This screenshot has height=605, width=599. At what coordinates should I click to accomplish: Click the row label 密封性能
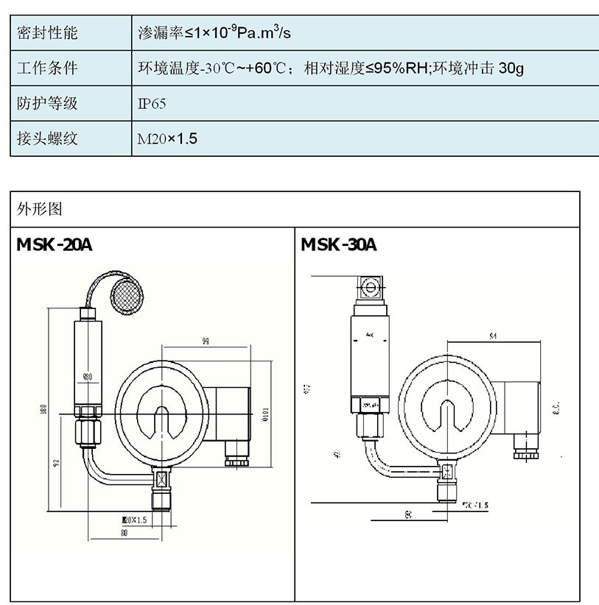[x=46, y=33]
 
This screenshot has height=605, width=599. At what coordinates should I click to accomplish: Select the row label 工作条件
[x=46, y=68]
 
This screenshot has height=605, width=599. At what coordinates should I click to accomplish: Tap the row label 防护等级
[x=46, y=104]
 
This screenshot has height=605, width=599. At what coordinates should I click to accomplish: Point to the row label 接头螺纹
[x=46, y=138]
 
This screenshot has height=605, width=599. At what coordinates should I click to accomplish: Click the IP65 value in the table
[x=152, y=104]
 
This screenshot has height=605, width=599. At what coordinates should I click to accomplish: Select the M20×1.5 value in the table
[x=167, y=138]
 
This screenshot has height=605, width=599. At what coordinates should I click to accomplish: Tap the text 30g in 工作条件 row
[x=511, y=68]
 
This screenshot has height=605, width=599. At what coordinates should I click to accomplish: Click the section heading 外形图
[x=40, y=209]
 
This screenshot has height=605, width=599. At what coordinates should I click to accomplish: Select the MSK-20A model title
[x=55, y=245]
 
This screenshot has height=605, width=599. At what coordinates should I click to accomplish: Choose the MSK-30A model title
[x=338, y=245]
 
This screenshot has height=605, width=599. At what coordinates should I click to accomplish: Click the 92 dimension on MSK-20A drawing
[x=57, y=463]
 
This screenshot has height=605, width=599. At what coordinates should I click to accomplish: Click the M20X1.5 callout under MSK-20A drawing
[x=133, y=520]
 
